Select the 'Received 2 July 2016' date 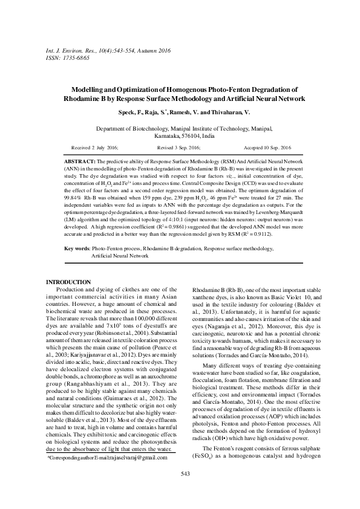coord(94,148)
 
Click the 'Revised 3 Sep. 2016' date coord(179,148)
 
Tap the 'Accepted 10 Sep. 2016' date coord(267,148)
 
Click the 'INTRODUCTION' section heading coord(68,282)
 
